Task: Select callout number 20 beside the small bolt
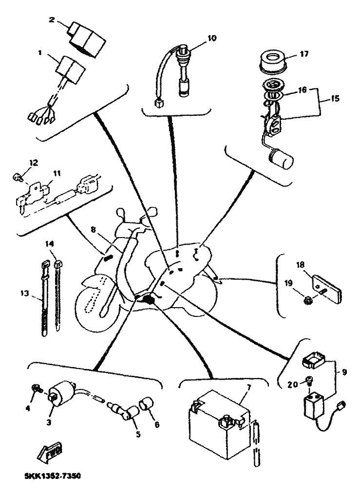(292, 384)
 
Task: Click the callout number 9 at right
(345, 373)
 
